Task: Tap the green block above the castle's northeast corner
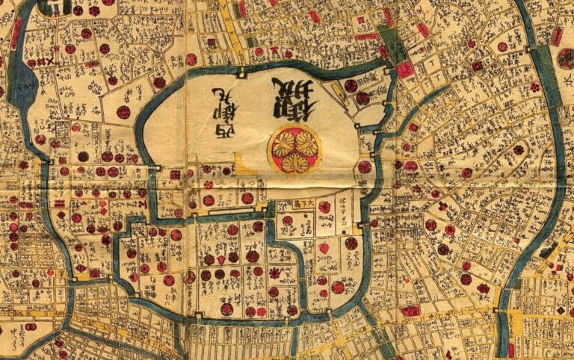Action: (392, 46)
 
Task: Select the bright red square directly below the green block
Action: (405, 69)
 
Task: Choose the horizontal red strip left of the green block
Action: (366, 35)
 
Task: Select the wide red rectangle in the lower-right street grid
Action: (410, 311)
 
